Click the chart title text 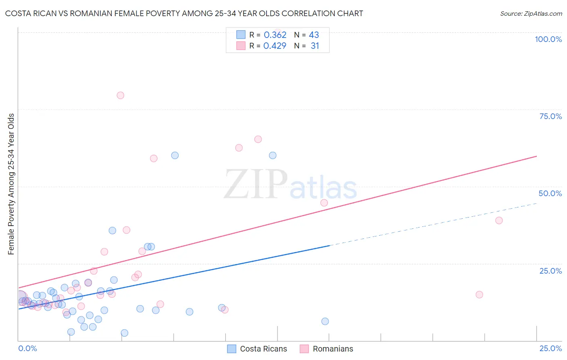click(184, 13)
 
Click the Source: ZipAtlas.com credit click(531, 13)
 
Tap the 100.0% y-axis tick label click(548, 39)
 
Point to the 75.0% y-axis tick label click(550, 116)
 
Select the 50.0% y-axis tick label click(550, 193)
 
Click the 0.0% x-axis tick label click(27, 348)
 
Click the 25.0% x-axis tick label click(550, 348)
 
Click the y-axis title click(11, 184)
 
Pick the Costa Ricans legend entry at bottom click(257, 349)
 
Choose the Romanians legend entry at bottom click(327, 349)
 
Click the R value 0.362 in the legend click(275, 35)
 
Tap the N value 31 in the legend click(315, 46)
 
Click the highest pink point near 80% click(120, 95)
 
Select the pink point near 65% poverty click(258, 139)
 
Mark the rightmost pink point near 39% click(499, 220)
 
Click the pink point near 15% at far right click(479, 295)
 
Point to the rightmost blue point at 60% click(273, 155)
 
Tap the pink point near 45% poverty click(324, 203)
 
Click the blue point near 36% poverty click(113, 230)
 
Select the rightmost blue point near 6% click(325, 321)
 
